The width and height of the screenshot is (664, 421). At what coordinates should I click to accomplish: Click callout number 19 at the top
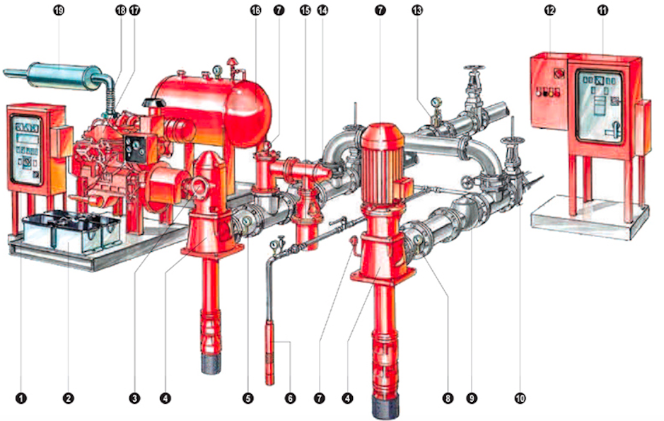tap(59, 11)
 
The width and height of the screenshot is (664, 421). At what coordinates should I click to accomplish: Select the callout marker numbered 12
tap(549, 11)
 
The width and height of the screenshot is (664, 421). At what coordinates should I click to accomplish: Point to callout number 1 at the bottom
tap(21, 398)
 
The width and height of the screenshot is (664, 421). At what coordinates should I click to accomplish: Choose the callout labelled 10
tap(520, 398)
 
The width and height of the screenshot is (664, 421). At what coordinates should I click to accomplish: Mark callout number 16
tap(255, 11)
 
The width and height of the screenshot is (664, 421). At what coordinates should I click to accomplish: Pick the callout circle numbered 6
tap(289, 398)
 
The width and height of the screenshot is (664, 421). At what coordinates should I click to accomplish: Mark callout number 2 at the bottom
tap(68, 398)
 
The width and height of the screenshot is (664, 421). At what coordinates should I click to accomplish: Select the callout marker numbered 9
tap(473, 398)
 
